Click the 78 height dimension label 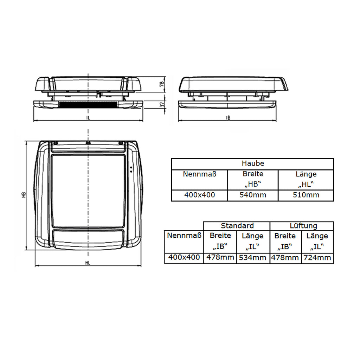click(x=162, y=84)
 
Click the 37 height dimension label click(x=162, y=104)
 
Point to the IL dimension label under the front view click(x=88, y=118)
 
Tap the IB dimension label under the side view click(x=228, y=118)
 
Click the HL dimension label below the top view click(x=88, y=263)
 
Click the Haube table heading click(x=253, y=163)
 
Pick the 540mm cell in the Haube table click(x=253, y=195)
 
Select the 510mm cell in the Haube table click(x=306, y=195)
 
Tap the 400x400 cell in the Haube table click(x=200, y=195)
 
